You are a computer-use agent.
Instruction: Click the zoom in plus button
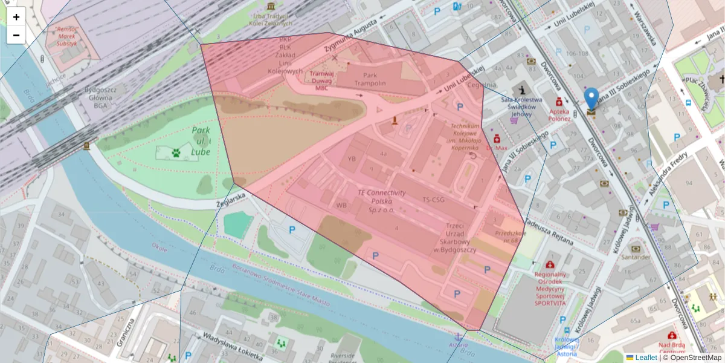pyautogui.click(x=16, y=17)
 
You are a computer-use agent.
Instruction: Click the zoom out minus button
pyautogui.click(x=16, y=35)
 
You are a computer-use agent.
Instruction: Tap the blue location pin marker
pyautogui.click(x=591, y=100)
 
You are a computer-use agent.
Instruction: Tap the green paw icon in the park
pyautogui.click(x=176, y=153)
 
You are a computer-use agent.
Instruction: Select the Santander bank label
pyautogui.click(x=635, y=257)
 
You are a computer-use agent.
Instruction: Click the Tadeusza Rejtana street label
pyautogui.click(x=549, y=231)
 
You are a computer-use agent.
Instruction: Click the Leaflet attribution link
pyautogui.click(x=646, y=358)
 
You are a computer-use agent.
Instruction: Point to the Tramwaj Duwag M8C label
pyautogui.click(x=321, y=80)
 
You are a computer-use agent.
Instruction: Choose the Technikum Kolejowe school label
pyautogui.click(x=464, y=137)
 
